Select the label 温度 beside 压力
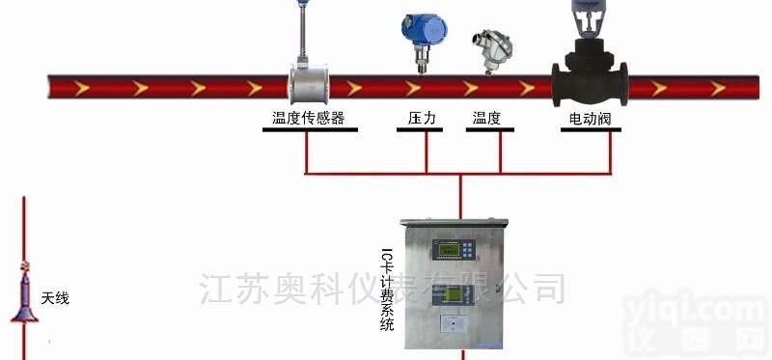pos(486,119)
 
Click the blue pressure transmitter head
pos(421,29)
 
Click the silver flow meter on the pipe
pos(311,85)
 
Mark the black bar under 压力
pos(420,130)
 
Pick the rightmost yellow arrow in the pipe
pos(720,89)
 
